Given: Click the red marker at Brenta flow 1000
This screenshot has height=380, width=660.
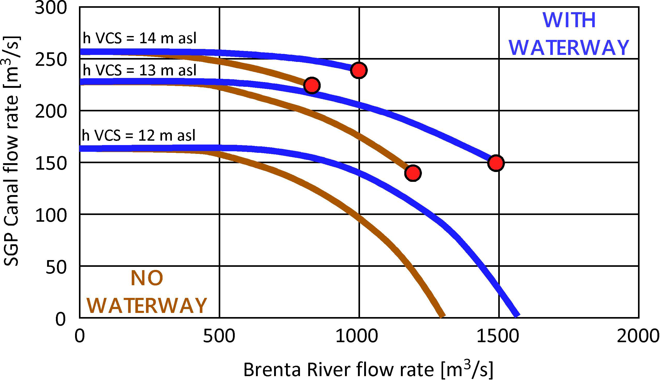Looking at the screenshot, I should coord(359,70).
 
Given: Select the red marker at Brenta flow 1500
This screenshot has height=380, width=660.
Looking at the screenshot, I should coord(496,163).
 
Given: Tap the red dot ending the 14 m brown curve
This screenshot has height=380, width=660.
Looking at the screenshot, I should coord(312,85).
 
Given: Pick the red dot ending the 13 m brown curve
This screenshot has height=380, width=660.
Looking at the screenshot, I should coord(413,173).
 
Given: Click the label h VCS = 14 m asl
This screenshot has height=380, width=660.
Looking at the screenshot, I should coord(140,38).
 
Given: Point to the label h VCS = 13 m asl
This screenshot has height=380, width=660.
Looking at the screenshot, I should coord(140,70).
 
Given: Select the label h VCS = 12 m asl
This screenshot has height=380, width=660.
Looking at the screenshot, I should coord(138,135).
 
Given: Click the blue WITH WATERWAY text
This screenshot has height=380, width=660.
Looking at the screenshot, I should coord(569,34).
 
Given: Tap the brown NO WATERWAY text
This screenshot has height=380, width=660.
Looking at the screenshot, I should coord(147,292).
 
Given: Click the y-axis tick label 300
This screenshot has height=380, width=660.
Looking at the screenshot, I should coord(51,8).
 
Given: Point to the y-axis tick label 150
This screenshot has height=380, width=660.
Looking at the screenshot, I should coord(51,164).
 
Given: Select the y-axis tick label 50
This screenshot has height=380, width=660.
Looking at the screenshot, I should coord(56,267).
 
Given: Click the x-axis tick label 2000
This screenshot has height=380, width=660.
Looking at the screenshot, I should coord(638,336).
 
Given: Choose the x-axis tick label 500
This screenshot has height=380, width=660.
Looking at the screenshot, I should coord(219,336).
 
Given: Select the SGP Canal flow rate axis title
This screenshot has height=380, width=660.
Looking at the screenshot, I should coord(12,151).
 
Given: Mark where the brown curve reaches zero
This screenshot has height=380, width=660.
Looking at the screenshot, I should coord(442,316).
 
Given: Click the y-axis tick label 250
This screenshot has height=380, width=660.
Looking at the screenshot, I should coord(51,60).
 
